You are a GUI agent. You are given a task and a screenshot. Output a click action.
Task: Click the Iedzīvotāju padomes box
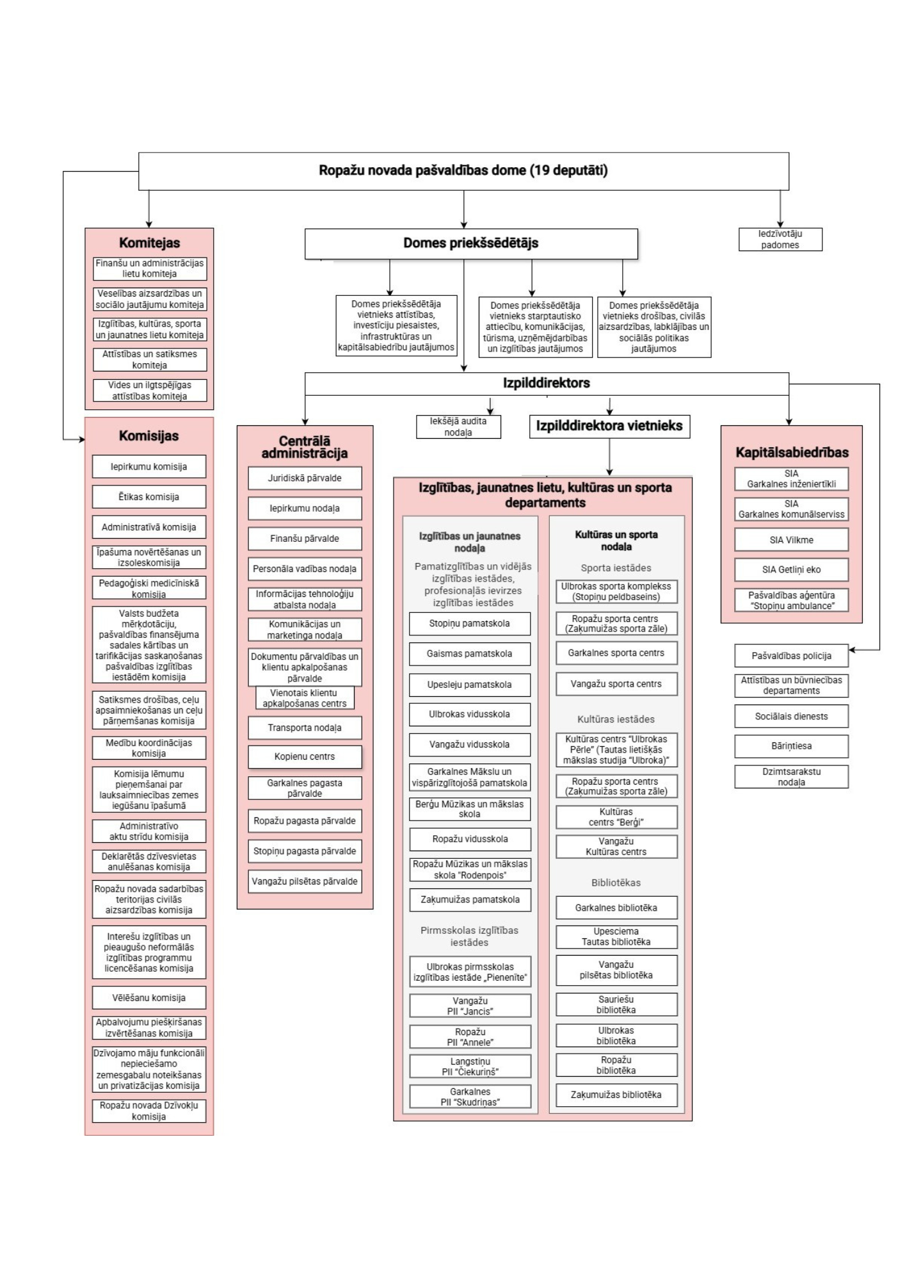(x=780, y=240)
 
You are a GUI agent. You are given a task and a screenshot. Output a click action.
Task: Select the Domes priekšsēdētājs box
(x=471, y=243)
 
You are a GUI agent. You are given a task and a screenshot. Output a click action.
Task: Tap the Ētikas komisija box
(x=149, y=497)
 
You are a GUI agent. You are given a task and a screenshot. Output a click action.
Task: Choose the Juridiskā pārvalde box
(x=305, y=478)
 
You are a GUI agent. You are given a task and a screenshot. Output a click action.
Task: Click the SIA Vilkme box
(x=791, y=540)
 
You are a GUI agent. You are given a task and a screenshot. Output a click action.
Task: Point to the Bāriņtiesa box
(x=791, y=746)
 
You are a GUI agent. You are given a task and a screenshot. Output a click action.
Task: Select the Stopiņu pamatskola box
(x=470, y=623)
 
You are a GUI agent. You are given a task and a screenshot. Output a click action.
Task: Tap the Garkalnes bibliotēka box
(x=616, y=908)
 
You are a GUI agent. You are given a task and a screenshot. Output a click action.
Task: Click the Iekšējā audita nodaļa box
(x=458, y=427)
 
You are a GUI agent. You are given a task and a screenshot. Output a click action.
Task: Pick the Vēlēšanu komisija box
(x=149, y=998)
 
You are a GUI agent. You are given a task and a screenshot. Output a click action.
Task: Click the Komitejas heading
(x=149, y=243)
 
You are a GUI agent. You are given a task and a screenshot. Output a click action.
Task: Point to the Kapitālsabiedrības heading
(x=791, y=452)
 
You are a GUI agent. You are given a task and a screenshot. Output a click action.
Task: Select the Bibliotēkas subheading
(x=616, y=883)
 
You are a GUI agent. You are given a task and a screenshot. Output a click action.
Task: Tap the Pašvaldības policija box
(x=791, y=656)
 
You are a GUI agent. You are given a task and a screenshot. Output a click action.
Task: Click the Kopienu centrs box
(x=305, y=756)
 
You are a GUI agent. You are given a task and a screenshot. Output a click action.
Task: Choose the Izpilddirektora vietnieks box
(x=609, y=426)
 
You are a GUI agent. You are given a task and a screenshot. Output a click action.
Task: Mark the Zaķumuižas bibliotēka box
(x=616, y=1095)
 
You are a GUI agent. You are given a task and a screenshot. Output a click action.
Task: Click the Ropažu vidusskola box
(x=470, y=839)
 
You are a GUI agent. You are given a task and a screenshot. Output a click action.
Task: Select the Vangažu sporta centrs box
(x=616, y=684)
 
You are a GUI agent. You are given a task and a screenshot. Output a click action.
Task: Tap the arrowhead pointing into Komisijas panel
(x=82, y=440)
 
